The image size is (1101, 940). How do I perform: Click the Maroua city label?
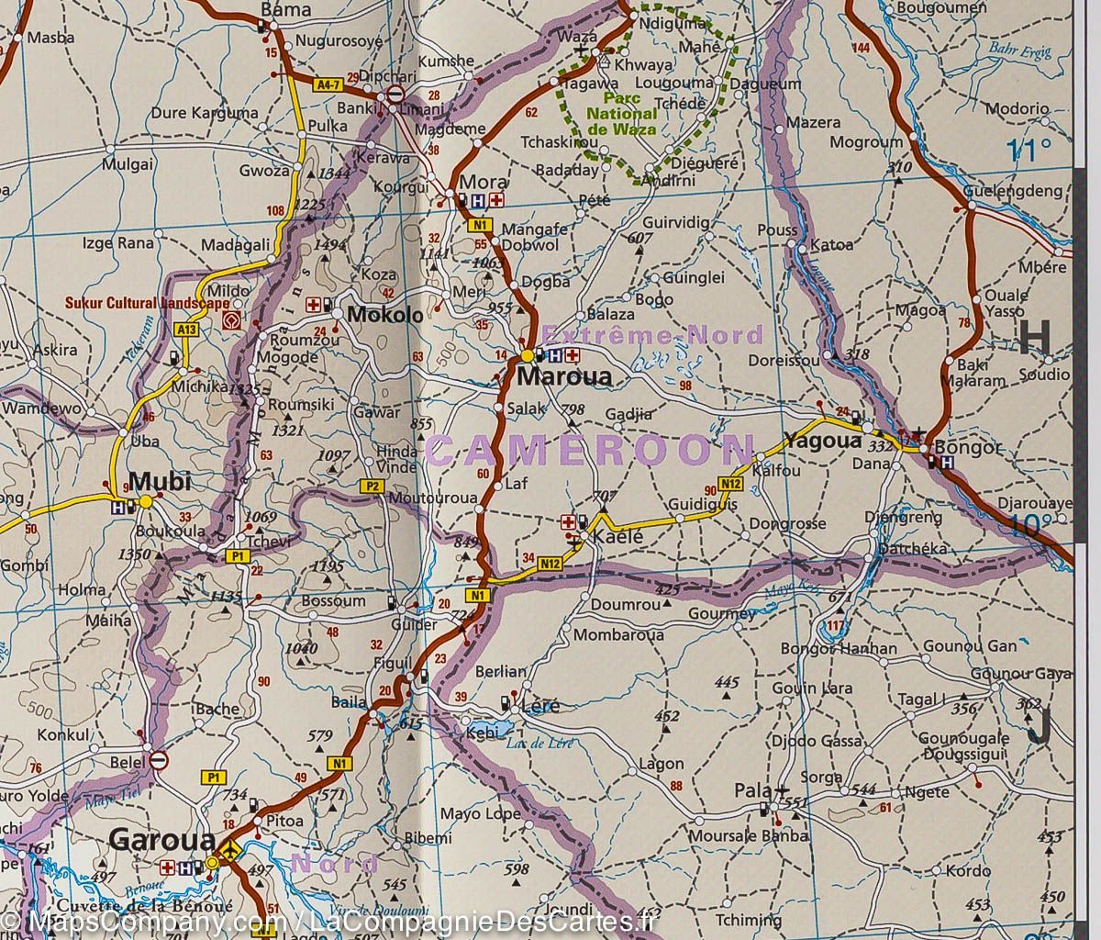tap(563, 377)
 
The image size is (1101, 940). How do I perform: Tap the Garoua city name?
tap(161, 839)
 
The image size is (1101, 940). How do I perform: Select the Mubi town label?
tap(160, 481)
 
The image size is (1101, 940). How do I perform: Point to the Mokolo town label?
tap(384, 315)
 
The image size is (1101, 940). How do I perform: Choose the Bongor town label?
tap(967, 449)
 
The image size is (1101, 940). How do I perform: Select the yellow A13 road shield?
tap(187, 329)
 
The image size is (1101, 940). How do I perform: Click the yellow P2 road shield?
tap(372, 486)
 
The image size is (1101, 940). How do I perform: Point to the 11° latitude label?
tap(1028, 150)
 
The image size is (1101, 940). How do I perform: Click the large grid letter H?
tap(1035, 339)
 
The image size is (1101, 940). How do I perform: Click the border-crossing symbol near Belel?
tap(159, 760)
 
